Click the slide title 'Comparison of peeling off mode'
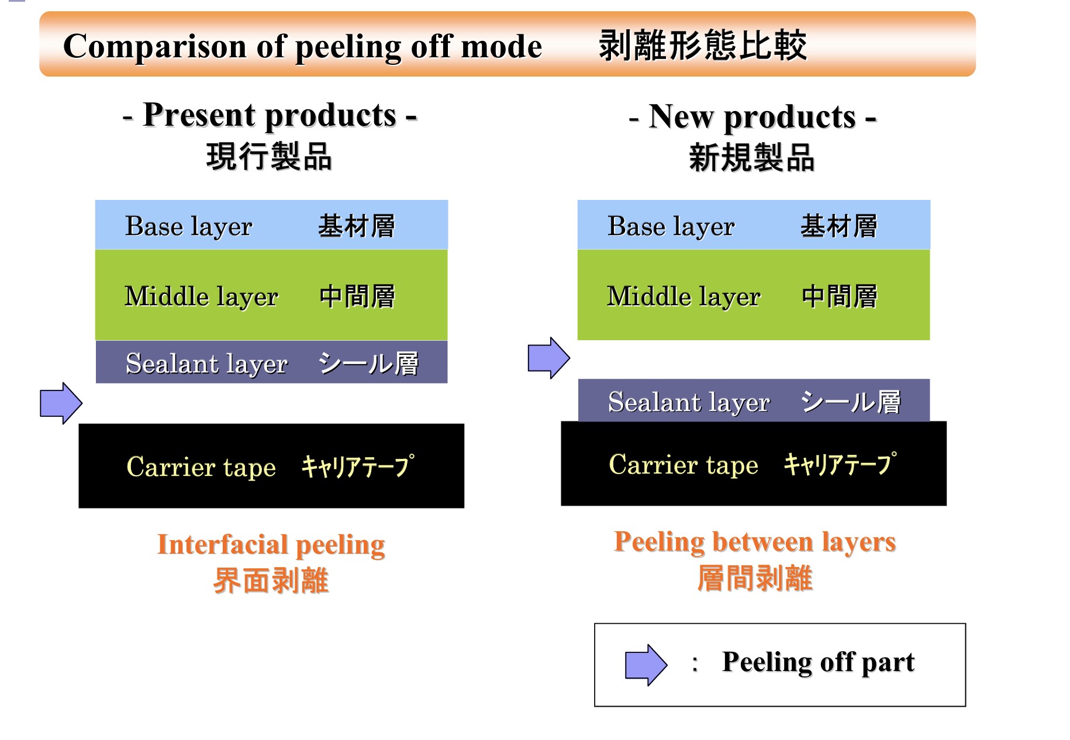302,47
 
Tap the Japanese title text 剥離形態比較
703,45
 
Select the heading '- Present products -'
270,115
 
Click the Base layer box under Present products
271,225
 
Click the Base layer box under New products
754,225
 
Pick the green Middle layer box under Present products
271,295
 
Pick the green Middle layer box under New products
754,295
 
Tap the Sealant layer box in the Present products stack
271,362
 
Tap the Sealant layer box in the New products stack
754,400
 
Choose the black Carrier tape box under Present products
271,466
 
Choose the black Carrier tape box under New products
754,464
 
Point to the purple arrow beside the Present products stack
61,403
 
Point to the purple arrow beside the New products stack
549,358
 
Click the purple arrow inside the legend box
646,665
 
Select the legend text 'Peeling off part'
818,663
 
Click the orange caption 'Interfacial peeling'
271,545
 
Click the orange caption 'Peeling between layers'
755,542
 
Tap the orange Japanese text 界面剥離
271,581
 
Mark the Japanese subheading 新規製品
752,158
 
